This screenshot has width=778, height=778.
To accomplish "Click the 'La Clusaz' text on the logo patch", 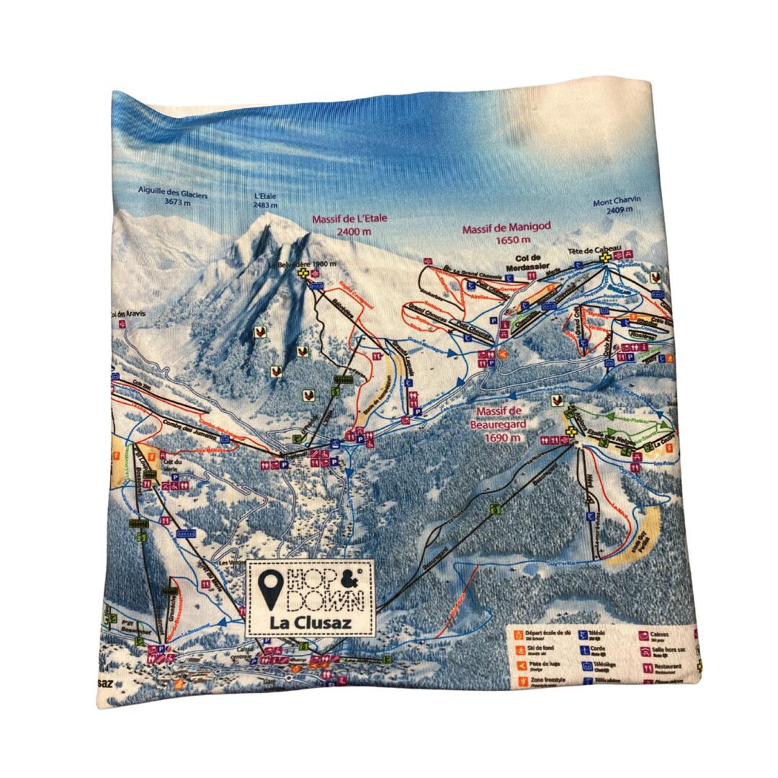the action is (x=311, y=621).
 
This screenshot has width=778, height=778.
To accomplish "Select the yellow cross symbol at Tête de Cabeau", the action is (x=608, y=256).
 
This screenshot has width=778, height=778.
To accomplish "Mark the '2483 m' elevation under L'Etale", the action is (x=266, y=205).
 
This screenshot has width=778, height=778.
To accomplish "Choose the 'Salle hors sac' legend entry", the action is (x=669, y=651).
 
